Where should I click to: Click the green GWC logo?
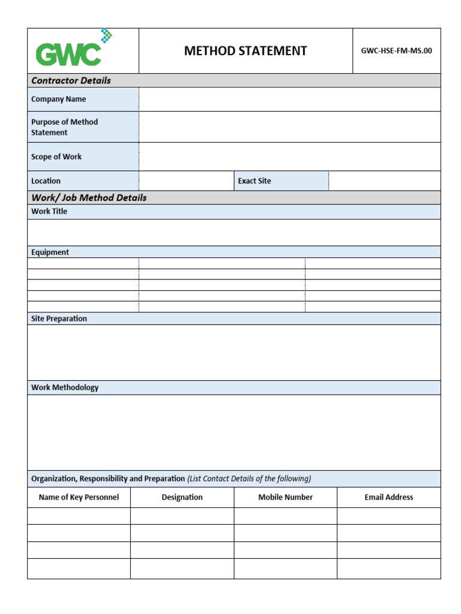(x=70, y=50)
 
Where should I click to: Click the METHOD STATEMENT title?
(x=246, y=51)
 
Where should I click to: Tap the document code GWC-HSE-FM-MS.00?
(x=396, y=51)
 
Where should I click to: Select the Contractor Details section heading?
(x=71, y=80)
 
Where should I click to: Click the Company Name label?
(x=58, y=99)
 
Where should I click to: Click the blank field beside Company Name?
(x=289, y=99)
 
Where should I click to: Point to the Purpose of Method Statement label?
(x=64, y=127)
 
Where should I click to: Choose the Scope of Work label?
(x=56, y=156)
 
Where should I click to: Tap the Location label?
(x=46, y=180)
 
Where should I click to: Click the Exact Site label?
(x=255, y=180)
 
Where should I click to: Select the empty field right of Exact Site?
(x=384, y=180)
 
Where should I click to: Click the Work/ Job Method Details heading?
(x=89, y=197)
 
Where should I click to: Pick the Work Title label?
(x=49, y=211)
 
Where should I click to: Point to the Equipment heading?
(x=50, y=252)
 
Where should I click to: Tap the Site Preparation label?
(x=59, y=318)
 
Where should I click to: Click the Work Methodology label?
(x=65, y=387)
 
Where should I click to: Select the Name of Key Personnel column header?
(x=79, y=497)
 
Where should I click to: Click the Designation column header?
(x=182, y=497)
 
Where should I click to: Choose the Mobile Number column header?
(x=285, y=497)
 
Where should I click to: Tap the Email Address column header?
(x=388, y=497)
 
